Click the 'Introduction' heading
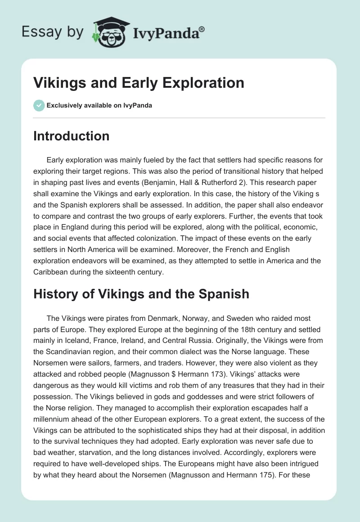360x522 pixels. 71,136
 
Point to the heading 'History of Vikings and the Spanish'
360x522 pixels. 141,294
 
